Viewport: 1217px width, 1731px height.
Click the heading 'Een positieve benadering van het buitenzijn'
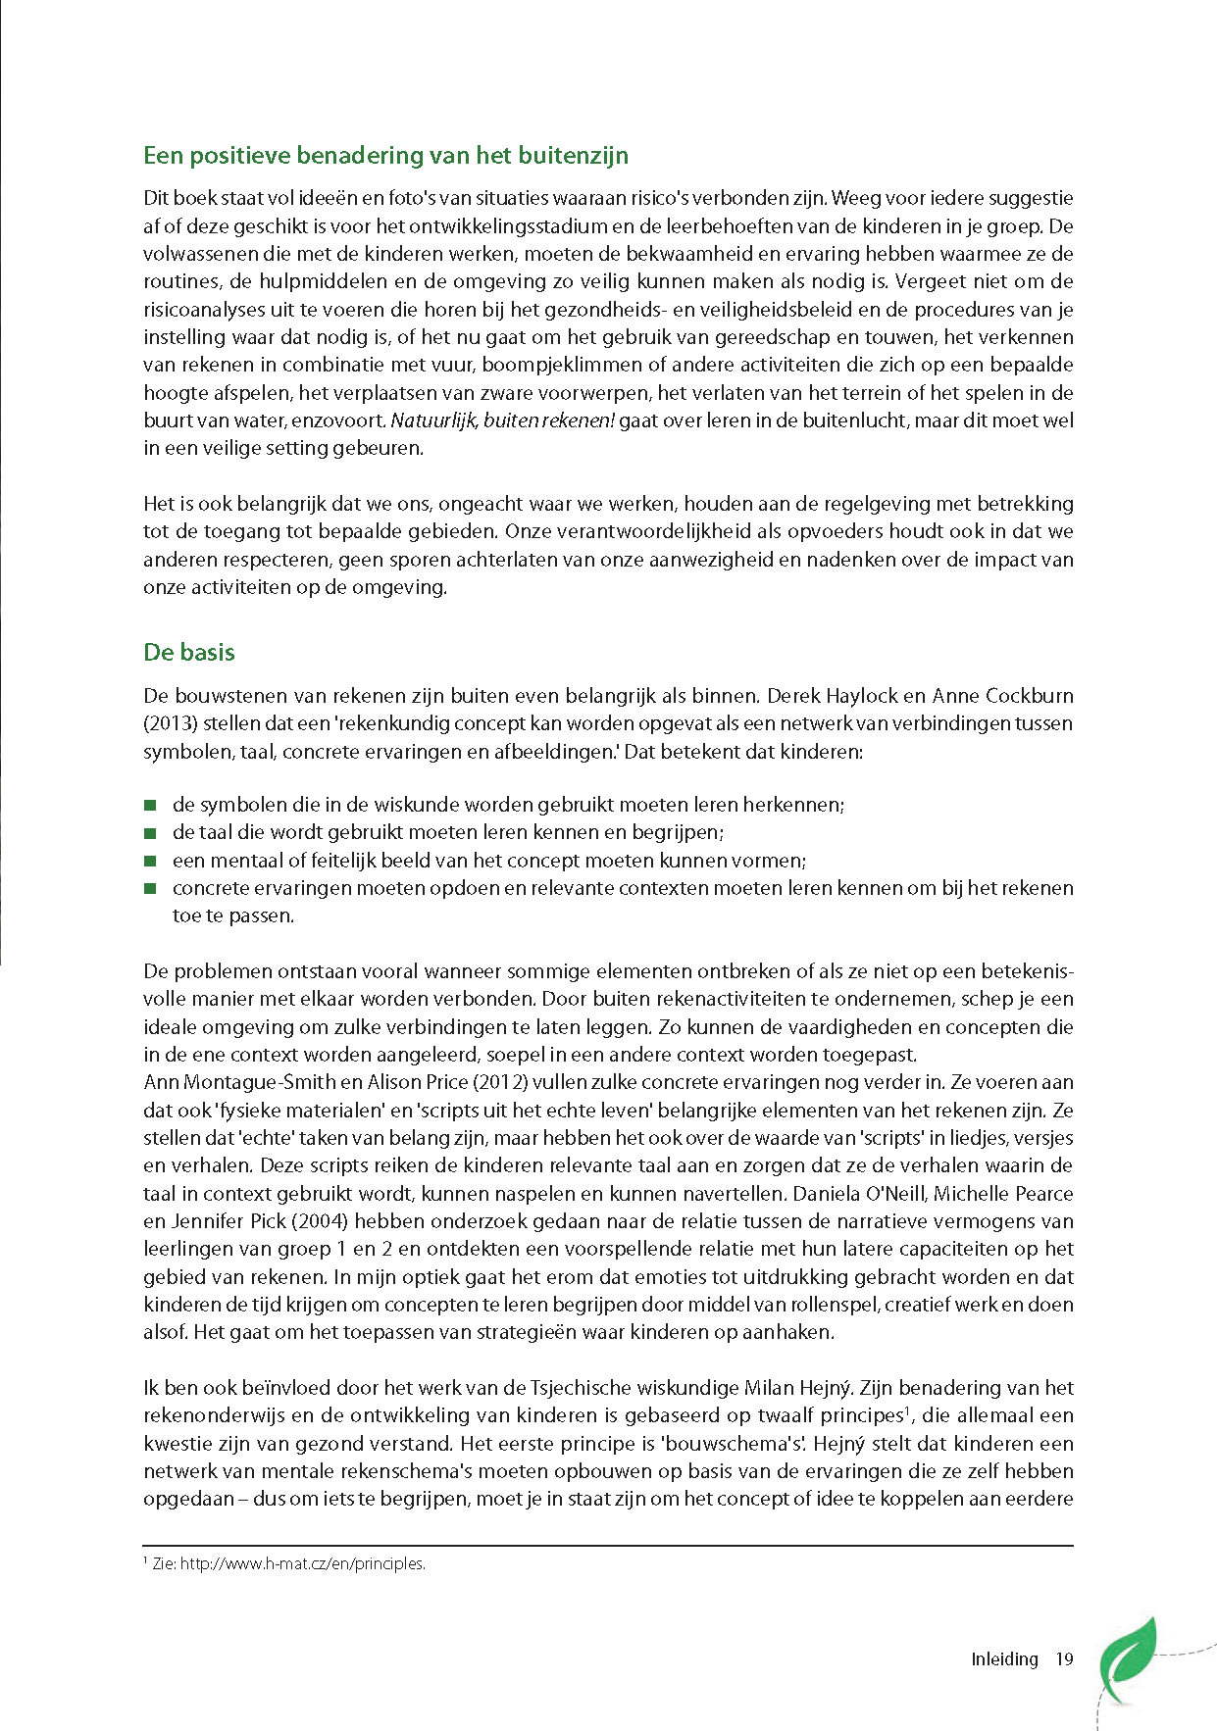[385, 156]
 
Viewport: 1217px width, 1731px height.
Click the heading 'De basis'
[189, 653]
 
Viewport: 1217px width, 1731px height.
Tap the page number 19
[1064, 1659]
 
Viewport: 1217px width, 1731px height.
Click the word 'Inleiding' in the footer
[1004, 1659]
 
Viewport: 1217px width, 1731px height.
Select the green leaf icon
[1127, 1658]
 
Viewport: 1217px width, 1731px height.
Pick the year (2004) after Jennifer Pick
[321, 1222]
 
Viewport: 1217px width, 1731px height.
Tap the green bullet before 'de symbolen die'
[150, 806]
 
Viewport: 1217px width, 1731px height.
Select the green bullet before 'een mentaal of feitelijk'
[150, 862]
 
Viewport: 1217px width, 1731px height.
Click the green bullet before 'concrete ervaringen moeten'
[150, 889]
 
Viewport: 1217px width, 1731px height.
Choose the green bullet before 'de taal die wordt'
[150, 833]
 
